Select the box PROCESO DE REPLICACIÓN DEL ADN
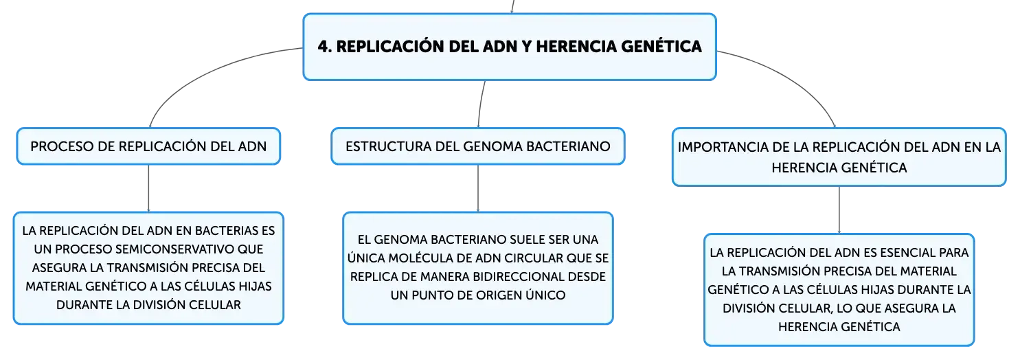point(148,146)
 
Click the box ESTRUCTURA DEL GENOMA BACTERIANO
point(477,146)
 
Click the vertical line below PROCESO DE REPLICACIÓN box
point(148,188)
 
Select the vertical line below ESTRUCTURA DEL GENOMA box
point(477,188)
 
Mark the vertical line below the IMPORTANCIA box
point(839,210)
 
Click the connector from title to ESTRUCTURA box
point(480,104)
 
